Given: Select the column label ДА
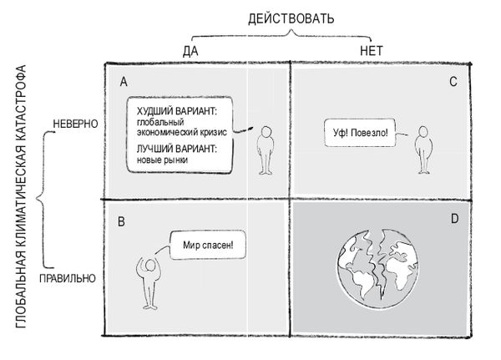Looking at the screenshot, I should (x=190, y=50).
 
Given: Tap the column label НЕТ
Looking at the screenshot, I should (x=371, y=50).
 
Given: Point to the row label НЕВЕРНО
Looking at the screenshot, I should (x=75, y=124).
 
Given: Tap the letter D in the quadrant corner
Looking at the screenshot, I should (x=454, y=220).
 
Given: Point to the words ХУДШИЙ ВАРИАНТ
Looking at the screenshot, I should (x=178, y=110).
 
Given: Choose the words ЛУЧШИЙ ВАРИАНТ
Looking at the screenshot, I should (x=176, y=148).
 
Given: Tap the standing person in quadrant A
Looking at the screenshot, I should (x=266, y=150).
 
